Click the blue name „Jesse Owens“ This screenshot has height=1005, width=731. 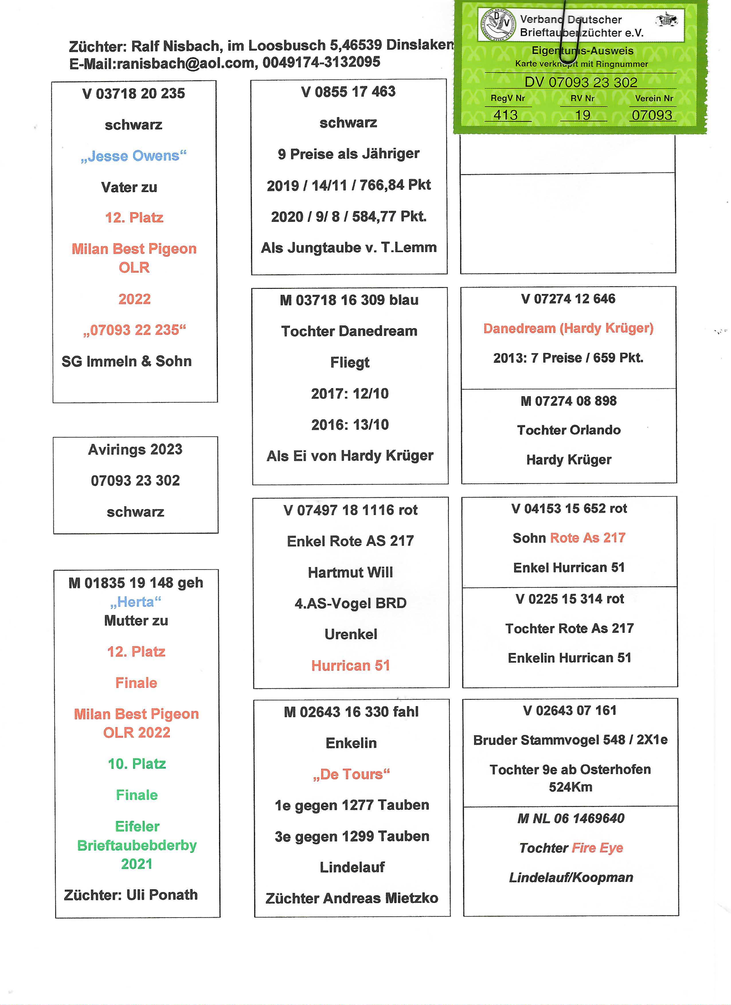click(133, 156)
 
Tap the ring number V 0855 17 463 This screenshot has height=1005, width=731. click(348, 92)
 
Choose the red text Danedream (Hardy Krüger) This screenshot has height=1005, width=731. click(568, 328)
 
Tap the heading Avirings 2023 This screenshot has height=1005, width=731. click(135, 449)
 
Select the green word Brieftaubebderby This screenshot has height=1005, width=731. click(137, 845)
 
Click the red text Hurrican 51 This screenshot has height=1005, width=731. click(351, 666)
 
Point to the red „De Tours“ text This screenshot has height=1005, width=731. click(351, 774)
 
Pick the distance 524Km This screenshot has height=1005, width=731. click(570, 787)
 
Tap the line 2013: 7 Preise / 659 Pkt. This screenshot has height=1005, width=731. click(568, 358)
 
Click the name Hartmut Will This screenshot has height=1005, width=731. click(351, 573)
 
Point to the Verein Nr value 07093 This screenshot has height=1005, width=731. click(652, 115)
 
